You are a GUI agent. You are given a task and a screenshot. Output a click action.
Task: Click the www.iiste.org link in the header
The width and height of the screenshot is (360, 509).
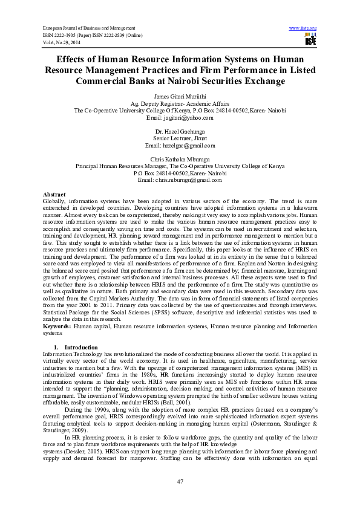point(303,28)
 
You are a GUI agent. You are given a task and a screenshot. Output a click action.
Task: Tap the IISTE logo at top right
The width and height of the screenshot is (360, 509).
point(310,40)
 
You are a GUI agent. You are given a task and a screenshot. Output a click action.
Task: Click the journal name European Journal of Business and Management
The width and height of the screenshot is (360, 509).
point(88,28)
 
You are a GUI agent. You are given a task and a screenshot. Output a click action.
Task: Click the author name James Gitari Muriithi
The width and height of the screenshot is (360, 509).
point(180,97)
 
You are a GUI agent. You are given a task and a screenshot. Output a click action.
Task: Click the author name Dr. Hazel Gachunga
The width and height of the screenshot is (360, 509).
point(180,131)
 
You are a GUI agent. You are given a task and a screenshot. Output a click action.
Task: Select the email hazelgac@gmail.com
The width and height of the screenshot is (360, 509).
point(180,145)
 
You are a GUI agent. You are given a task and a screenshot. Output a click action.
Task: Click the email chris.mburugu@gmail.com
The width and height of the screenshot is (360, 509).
point(180,180)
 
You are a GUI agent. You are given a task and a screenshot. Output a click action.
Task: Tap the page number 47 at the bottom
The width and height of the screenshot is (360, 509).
point(180,481)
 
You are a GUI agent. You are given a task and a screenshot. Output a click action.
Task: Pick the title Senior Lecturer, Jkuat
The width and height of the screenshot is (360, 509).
point(180,138)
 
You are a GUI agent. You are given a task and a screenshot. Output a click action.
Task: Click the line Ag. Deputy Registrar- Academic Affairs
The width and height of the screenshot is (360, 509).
point(180,104)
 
